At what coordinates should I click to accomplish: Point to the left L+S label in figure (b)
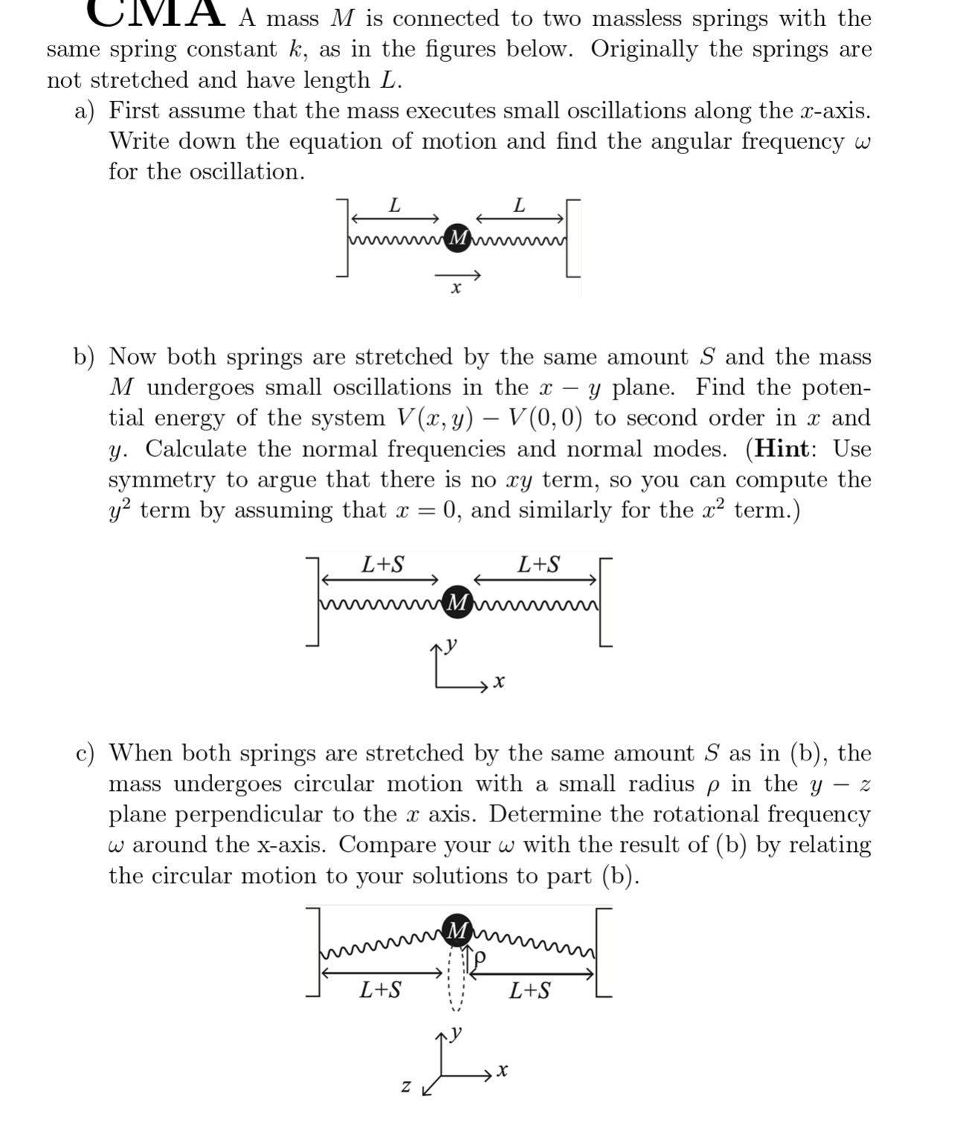(x=383, y=565)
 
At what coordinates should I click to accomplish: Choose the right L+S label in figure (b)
(x=539, y=565)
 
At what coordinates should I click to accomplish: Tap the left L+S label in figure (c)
(x=380, y=990)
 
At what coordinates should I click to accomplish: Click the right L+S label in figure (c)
(x=530, y=990)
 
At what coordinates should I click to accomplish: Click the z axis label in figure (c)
(x=406, y=1087)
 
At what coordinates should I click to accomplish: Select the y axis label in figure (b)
(x=451, y=644)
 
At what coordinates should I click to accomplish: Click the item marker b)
(x=84, y=357)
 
